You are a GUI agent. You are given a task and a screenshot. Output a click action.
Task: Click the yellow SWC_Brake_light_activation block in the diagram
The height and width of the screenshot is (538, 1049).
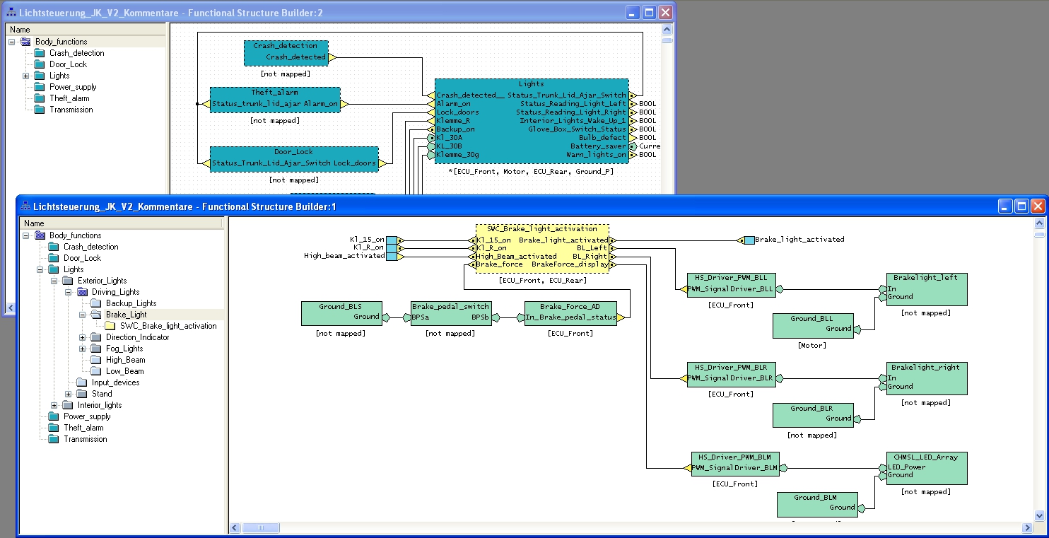click(x=541, y=229)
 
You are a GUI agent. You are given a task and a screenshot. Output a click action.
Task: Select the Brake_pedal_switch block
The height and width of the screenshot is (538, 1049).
click(x=451, y=308)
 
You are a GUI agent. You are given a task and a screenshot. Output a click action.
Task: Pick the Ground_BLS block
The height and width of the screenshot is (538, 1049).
click(x=341, y=308)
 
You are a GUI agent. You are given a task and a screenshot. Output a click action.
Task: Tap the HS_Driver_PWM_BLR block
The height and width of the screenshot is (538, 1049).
click(x=731, y=368)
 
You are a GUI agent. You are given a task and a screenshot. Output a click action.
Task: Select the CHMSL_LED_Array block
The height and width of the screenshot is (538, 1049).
click(x=926, y=458)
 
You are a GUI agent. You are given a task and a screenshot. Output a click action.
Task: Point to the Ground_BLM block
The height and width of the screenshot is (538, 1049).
click(x=816, y=498)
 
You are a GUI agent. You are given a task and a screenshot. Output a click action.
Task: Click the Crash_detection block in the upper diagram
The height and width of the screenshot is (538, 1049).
click(x=286, y=47)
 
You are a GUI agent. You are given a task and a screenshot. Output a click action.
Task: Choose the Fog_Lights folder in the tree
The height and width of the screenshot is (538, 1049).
click(x=124, y=349)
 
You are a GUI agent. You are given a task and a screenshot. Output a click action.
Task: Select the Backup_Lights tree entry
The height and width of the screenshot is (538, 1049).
click(x=131, y=303)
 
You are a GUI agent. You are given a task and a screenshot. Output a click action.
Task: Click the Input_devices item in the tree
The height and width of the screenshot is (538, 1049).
click(x=115, y=382)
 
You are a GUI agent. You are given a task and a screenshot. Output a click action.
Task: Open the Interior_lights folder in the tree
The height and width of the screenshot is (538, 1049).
click(x=100, y=405)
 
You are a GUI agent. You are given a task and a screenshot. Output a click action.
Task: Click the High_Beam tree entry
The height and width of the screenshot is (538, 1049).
click(x=125, y=360)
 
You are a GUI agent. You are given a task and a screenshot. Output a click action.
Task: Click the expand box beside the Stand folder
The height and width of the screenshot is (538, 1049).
click(x=69, y=394)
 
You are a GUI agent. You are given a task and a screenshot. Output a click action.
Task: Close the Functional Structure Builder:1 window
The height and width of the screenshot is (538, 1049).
click(x=1037, y=206)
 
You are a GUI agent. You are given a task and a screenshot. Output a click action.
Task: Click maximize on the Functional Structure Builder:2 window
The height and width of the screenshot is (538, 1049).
click(x=649, y=13)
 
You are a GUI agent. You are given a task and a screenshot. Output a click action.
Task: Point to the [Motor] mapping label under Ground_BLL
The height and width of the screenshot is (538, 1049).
click(x=811, y=346)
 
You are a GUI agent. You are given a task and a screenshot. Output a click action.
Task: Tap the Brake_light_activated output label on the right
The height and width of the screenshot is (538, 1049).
click(x=799, y=240)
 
